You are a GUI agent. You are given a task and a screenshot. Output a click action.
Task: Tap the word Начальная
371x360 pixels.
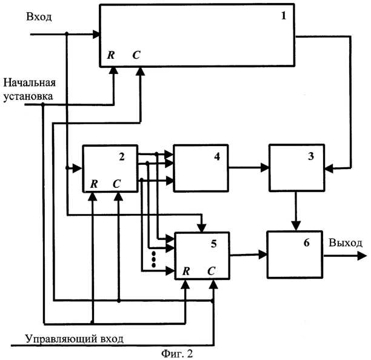(30, 83)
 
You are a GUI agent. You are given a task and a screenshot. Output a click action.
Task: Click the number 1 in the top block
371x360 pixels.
(283, 16)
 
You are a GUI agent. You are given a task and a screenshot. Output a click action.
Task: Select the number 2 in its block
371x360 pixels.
(122, 157)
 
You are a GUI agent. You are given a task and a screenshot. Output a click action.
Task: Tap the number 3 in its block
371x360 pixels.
(310, 156)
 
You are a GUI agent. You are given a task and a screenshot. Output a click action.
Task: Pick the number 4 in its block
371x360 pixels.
(216, 156)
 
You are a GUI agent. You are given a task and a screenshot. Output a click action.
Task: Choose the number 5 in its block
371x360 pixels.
(213, 244)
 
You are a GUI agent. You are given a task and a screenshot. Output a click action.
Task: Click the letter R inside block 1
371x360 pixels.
(111, 56)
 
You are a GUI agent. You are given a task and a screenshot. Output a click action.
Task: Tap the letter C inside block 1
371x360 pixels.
(136, 56)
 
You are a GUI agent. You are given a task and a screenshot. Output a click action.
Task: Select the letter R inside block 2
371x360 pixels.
(94, 183)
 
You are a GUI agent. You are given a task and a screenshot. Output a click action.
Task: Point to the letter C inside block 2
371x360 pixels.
(116, 183)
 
